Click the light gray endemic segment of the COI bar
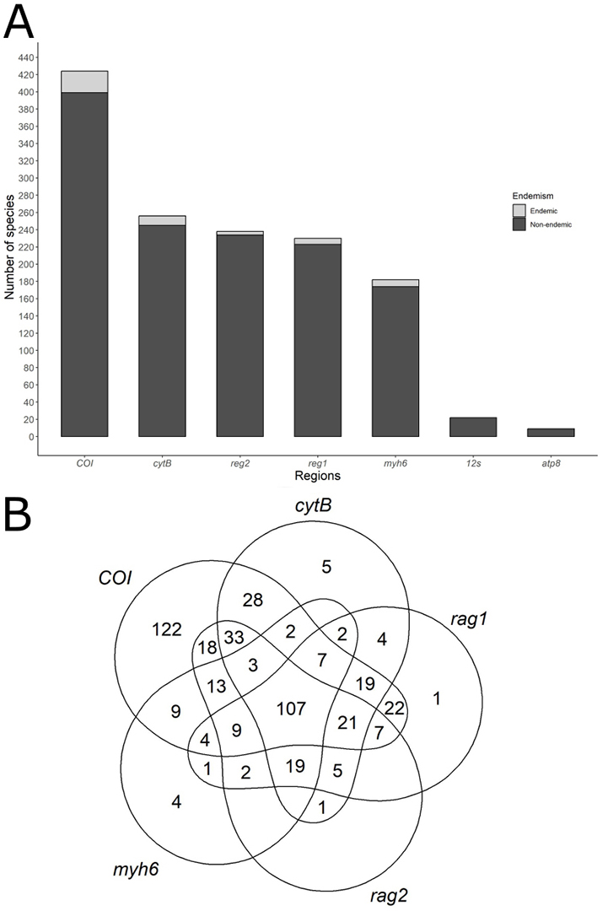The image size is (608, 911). (84, 82)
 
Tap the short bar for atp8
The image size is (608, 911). (551, 433)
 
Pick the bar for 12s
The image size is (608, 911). (473, 427)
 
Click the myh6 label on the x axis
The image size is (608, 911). (395, 463)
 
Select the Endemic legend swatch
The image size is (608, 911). (519, 210)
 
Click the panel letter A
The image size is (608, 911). (20, 23)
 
